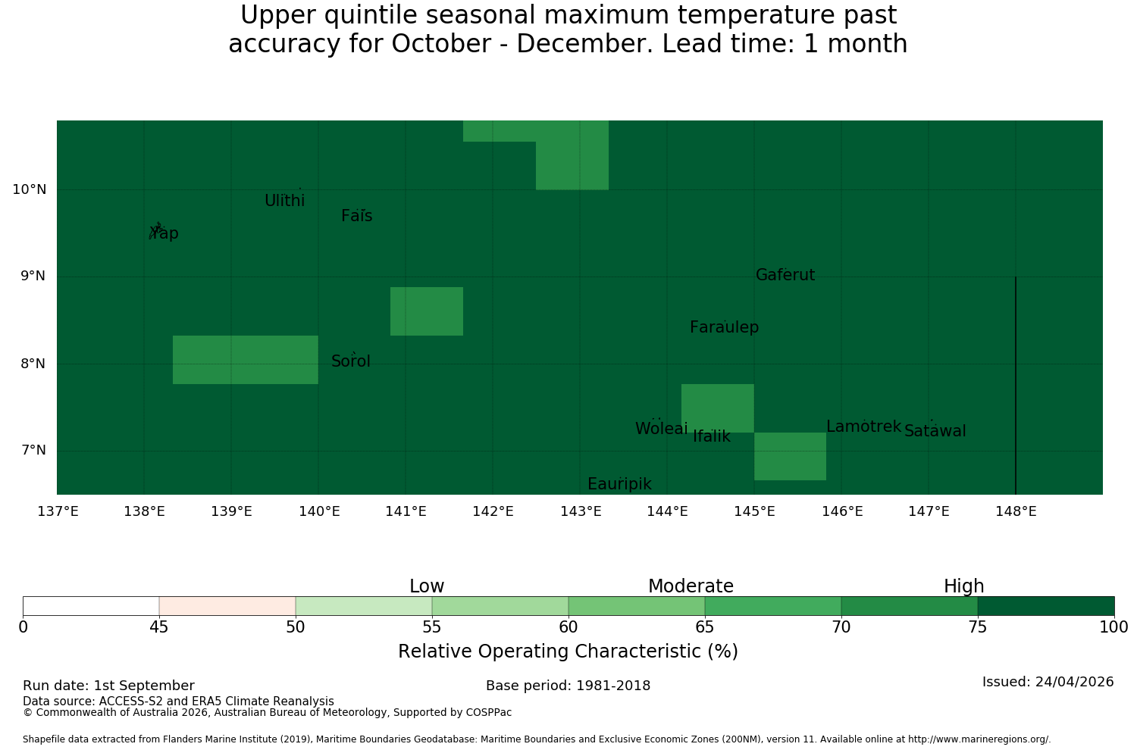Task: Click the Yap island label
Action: tap(164, 233)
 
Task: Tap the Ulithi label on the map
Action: tap(285, 201)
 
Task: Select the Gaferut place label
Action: tap(785, 274)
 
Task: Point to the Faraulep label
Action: tap(725, 327)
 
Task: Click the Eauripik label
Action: tap(619, 484)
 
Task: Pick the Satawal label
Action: tap(935, 431)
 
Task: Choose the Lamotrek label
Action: tap(864, 427)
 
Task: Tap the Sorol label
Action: tap(351, 361)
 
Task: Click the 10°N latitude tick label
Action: tap(29, 189)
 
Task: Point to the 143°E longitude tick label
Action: tap(580, 511)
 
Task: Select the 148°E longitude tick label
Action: tap(1016, 511)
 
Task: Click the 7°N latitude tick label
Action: tap(33, 450)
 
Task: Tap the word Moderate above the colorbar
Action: tap(691, 586)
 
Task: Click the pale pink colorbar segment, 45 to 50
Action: tap(227, 606)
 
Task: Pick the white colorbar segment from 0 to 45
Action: tap(91, 606)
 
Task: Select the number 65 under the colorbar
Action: tap(704, 628)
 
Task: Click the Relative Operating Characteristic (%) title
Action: tap(568, 651)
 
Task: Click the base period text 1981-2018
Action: tap(613, 686)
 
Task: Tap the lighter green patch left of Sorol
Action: tap(245, 360)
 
